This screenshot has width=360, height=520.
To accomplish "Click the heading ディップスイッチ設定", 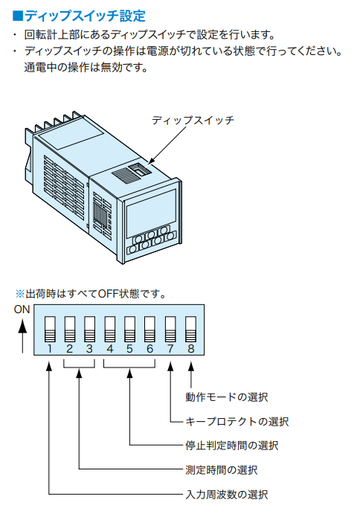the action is (x=86, y=16).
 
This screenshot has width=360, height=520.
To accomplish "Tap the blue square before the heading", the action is (x=17, y=16).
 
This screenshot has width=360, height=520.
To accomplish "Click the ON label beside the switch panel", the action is (x=22, y=309).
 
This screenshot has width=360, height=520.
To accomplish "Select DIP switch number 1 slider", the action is (x=50, y=329).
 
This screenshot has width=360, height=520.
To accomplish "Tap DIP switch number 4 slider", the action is (x=110, y=329).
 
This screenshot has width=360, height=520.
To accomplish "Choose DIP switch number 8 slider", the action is (x=190, y=329).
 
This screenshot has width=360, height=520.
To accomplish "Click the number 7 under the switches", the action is (x=170, y=349).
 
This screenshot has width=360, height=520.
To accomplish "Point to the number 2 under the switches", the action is (x=70, y=349).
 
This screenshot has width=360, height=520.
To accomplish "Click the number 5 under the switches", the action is (x=130, y=349).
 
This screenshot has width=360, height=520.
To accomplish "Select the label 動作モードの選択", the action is (x=227, y=397).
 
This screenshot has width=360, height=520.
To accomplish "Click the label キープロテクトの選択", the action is (x=237, y=422).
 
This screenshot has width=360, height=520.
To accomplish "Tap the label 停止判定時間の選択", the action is (x=232, y=446).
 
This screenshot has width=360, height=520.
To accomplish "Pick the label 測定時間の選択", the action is (x=222, y=470).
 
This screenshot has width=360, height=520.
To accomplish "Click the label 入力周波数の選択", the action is (x=227, y=495).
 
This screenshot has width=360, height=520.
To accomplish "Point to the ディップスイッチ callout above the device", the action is (x=193, y=120).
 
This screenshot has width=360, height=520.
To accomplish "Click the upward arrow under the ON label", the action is (x=22, y=336).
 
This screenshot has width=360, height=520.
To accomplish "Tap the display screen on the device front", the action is (x=152, y=209).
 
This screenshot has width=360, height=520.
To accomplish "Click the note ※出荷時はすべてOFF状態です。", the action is (x=91, y=294).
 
